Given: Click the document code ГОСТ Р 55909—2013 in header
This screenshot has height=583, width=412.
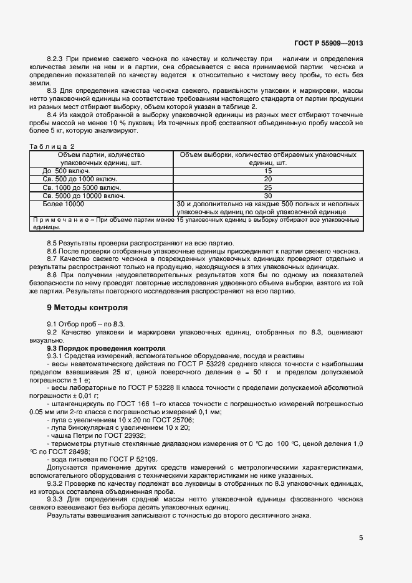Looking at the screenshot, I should [x=328, y=43].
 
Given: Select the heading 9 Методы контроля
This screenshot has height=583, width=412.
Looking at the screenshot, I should [x=87, y=308].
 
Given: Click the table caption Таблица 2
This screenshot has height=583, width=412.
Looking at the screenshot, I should [x=52, y=146].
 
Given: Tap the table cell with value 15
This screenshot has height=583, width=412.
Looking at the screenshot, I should [x=268, y=171].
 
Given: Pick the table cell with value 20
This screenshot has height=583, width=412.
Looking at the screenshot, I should [x=268, y=179].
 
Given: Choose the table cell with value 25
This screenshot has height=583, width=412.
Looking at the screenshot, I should [x=268, y=187].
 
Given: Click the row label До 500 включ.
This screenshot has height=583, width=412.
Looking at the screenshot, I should [x=67, y=171].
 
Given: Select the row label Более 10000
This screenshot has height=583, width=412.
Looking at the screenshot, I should [x=63, y=204].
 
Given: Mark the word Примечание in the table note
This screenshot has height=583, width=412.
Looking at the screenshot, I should [x=59, y=220].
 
